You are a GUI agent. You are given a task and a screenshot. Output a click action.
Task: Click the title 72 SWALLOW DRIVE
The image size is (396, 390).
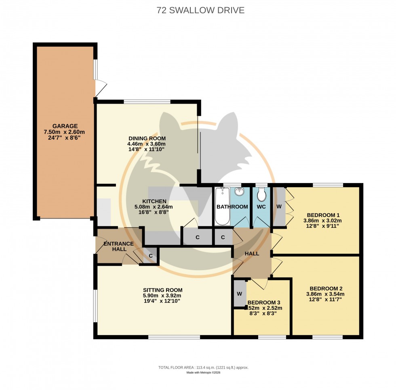(x=200, y=10)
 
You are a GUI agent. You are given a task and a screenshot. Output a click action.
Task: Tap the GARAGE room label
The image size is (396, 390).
(x=65, y=126)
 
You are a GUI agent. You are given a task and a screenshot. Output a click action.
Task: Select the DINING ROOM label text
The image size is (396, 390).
(x=147, y=138)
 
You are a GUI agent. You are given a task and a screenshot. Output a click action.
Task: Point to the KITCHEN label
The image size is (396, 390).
(x=154, y=201)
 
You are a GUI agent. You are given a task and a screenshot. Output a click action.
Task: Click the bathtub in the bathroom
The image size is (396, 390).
(x=222, y=206)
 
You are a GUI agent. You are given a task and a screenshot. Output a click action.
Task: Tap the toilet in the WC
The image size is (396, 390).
(x=261, y=194)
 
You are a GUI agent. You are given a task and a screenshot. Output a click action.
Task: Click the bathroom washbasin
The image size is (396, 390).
(x=239, y=192)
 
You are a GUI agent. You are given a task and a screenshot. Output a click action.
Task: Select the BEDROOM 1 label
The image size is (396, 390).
(x=323, y=215)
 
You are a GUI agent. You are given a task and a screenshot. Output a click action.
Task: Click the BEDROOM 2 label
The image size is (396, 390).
(x=326, y=288)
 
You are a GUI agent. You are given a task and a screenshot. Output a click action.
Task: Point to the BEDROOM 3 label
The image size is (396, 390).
(x=264, y=302)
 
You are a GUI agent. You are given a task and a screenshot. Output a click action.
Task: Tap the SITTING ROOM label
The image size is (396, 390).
(x=162, y=290)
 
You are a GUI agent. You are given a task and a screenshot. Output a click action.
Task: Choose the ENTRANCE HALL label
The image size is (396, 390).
(x=118, y=246)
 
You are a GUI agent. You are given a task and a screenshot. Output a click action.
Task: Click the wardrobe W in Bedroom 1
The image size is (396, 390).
(x=279, y=206)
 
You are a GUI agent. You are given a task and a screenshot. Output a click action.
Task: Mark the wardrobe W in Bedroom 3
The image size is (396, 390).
(x=239, y=293)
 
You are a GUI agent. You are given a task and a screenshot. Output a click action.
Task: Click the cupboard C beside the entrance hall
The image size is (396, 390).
(x=150, y=256)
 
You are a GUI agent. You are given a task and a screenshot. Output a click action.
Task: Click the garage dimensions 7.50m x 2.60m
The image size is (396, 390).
(x=65, y=132)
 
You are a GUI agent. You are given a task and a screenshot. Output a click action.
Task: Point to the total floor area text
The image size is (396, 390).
(x=203, y=367)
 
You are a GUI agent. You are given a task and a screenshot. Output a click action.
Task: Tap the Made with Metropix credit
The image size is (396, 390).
(x=203, y=373)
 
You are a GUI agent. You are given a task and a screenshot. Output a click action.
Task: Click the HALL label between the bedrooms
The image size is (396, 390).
(x=252, y=253)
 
